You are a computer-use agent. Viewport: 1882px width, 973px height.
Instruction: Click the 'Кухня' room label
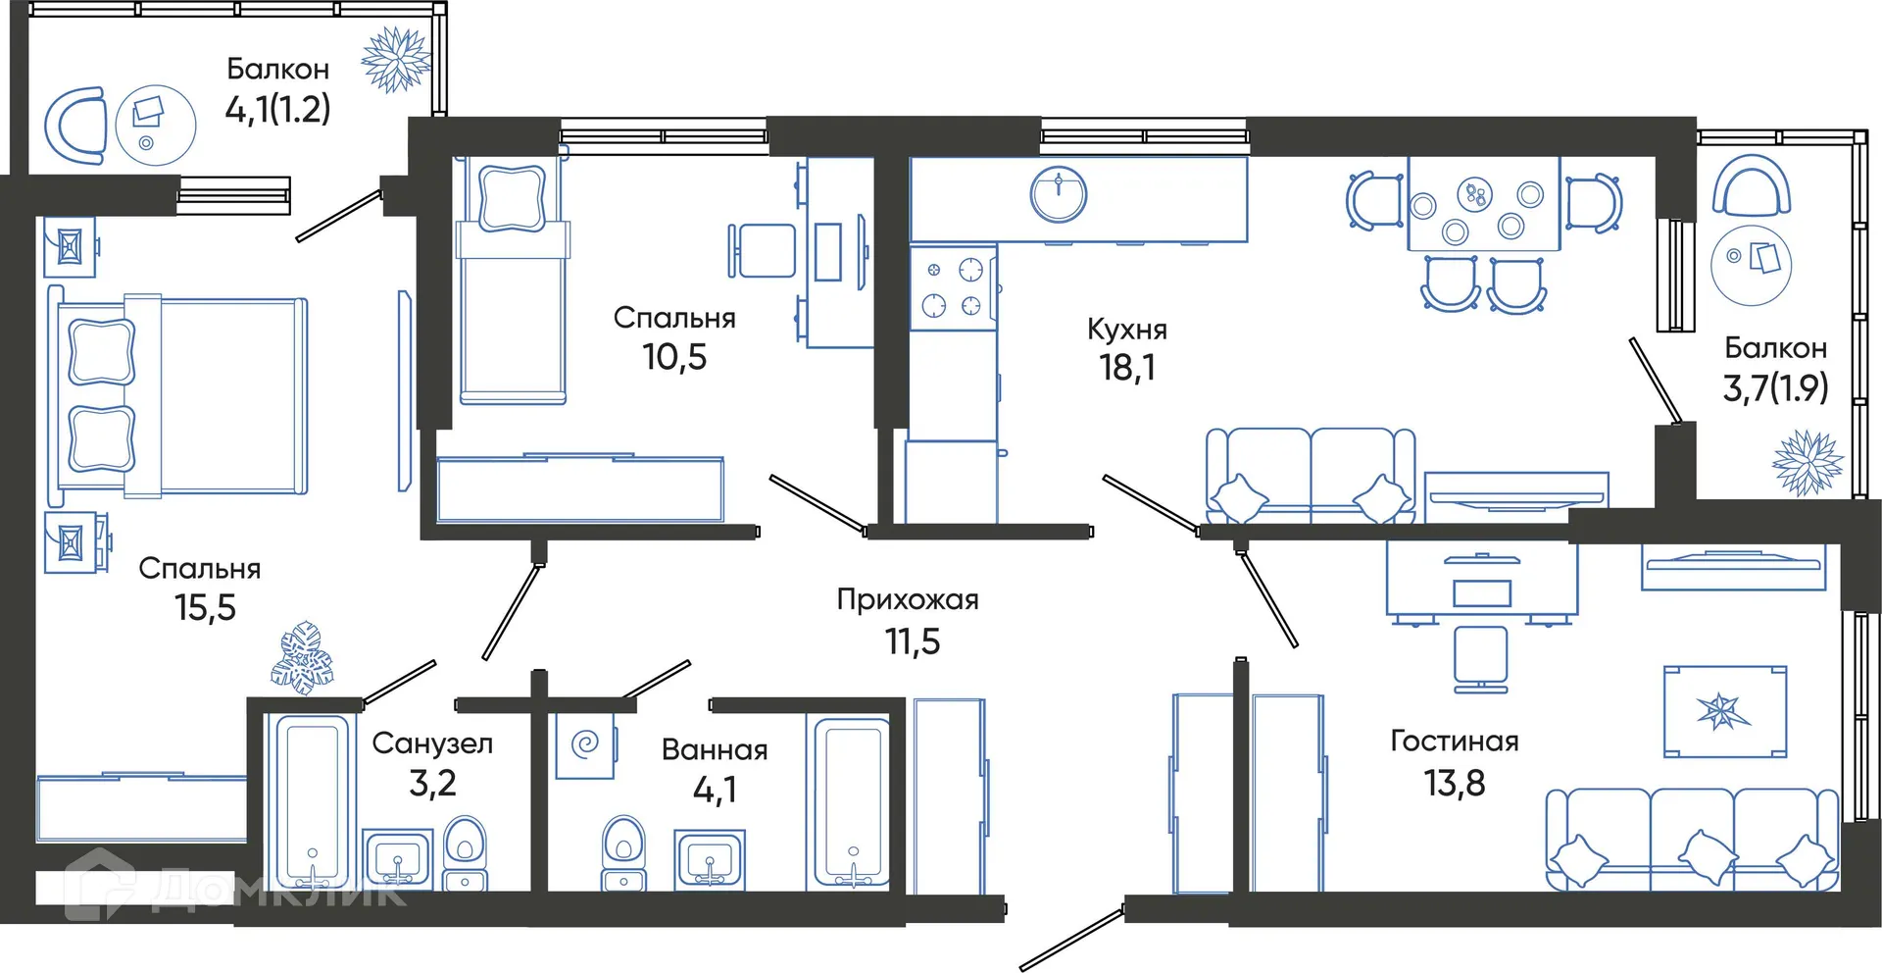pos(1126,329)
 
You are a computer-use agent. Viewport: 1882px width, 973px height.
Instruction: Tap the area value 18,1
pos(1126,368)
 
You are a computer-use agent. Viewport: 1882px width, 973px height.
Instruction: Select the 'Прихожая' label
pos(908,599)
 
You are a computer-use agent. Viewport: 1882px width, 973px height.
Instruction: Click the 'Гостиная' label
pos(1454,741)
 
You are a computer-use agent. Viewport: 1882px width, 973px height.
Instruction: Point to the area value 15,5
pos(205,608)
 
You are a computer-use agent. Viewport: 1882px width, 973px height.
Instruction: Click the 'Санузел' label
pos(432,743)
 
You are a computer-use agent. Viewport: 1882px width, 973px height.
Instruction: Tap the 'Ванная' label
pos(714,750)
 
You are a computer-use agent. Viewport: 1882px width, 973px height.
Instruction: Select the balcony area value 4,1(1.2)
pos(277,109)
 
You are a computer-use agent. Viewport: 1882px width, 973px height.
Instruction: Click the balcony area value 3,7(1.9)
pos(1775,388)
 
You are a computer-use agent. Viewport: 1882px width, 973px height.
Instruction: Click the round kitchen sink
pos(1059,193)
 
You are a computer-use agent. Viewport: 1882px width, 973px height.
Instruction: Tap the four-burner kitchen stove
pos(952,287)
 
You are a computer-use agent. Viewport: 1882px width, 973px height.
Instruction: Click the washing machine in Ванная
pos(585,744)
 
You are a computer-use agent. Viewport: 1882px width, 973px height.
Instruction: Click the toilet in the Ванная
pos(622,851)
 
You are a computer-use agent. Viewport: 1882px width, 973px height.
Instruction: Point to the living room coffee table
pos(1724,711)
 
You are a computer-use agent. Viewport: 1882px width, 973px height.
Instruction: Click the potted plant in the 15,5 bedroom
pos(303,657)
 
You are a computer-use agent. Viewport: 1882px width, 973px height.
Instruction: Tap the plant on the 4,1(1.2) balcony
pos(396,59)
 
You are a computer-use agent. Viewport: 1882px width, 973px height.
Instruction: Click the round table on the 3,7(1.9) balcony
pos(1751,263)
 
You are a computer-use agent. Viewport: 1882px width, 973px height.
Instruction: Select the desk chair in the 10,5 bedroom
pos(763,251)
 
